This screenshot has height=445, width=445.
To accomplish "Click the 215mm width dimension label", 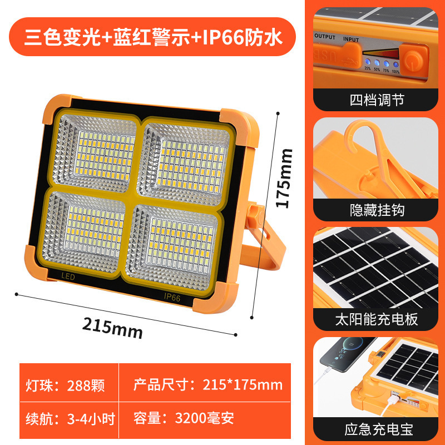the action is pyautogui.click(x=112, y=328).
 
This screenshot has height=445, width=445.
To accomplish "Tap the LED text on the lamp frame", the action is pyautogui.click(x=68, y=276).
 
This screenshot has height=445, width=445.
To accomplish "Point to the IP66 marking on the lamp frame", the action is pyautogui.click(x=172, y=297).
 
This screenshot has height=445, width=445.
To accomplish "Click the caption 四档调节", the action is pyautogui.click(x=377, y=100).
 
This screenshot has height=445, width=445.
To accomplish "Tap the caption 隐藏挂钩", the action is pyautogui.click(x=377, y=210).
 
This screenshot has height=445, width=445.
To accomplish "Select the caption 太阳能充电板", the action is pyautogui.click(x=377, y=319).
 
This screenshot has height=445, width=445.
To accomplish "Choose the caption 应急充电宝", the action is pyautogui.click(x=379, y=429).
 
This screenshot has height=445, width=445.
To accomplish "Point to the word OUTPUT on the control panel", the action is pyautogui.click(x=325, y=36).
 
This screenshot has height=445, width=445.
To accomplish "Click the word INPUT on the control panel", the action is pyautogui.click(x=351, y=39).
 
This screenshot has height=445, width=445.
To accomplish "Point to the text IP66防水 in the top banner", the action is pyautogui.click(x=242, y=37).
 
